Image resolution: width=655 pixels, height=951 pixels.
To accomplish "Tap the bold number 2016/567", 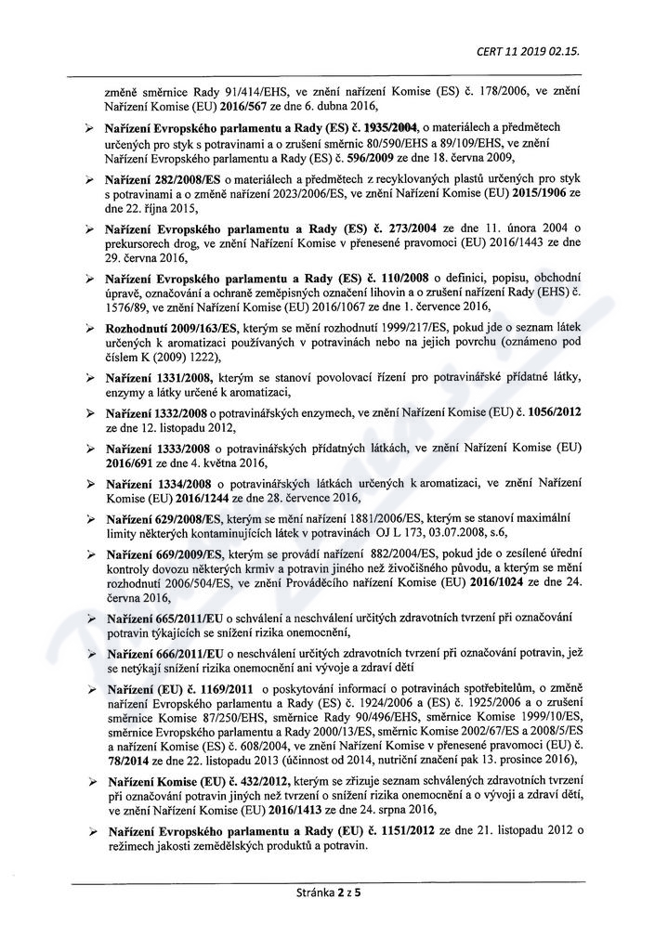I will [x=237, y=107].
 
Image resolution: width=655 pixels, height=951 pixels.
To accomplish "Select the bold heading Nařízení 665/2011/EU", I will [x=171, y=619].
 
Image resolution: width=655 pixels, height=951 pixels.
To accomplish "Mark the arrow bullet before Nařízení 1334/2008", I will [x=88, y=484].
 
